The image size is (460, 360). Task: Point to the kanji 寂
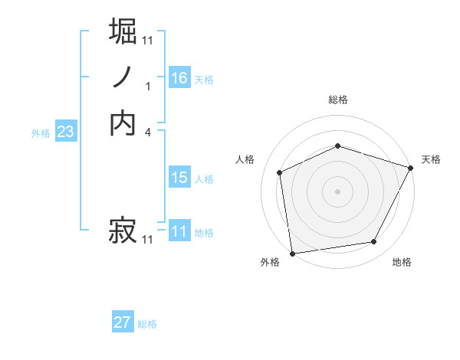(x=123, y=229)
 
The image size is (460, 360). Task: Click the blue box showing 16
(x=179, y=78)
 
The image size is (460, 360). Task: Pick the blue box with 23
(x=65, y=132)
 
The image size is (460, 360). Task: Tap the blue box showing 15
(x=179, y=178)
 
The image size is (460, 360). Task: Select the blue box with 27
(x=123, y=322)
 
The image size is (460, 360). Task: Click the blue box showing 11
(x=179, y=231)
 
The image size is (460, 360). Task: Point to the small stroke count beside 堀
(x=148, y=40)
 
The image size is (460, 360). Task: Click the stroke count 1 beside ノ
(x=148, y=87)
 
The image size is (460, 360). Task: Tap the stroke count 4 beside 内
(x=148, y=132)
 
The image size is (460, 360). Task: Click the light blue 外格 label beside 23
(x=41, y=133)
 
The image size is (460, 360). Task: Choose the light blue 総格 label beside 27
(x=147, y=324)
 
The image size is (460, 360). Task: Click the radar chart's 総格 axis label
(x=338, y=100)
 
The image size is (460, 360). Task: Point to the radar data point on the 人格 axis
(x=280, y=172)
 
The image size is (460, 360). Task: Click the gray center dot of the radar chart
(x=338, y=191)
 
